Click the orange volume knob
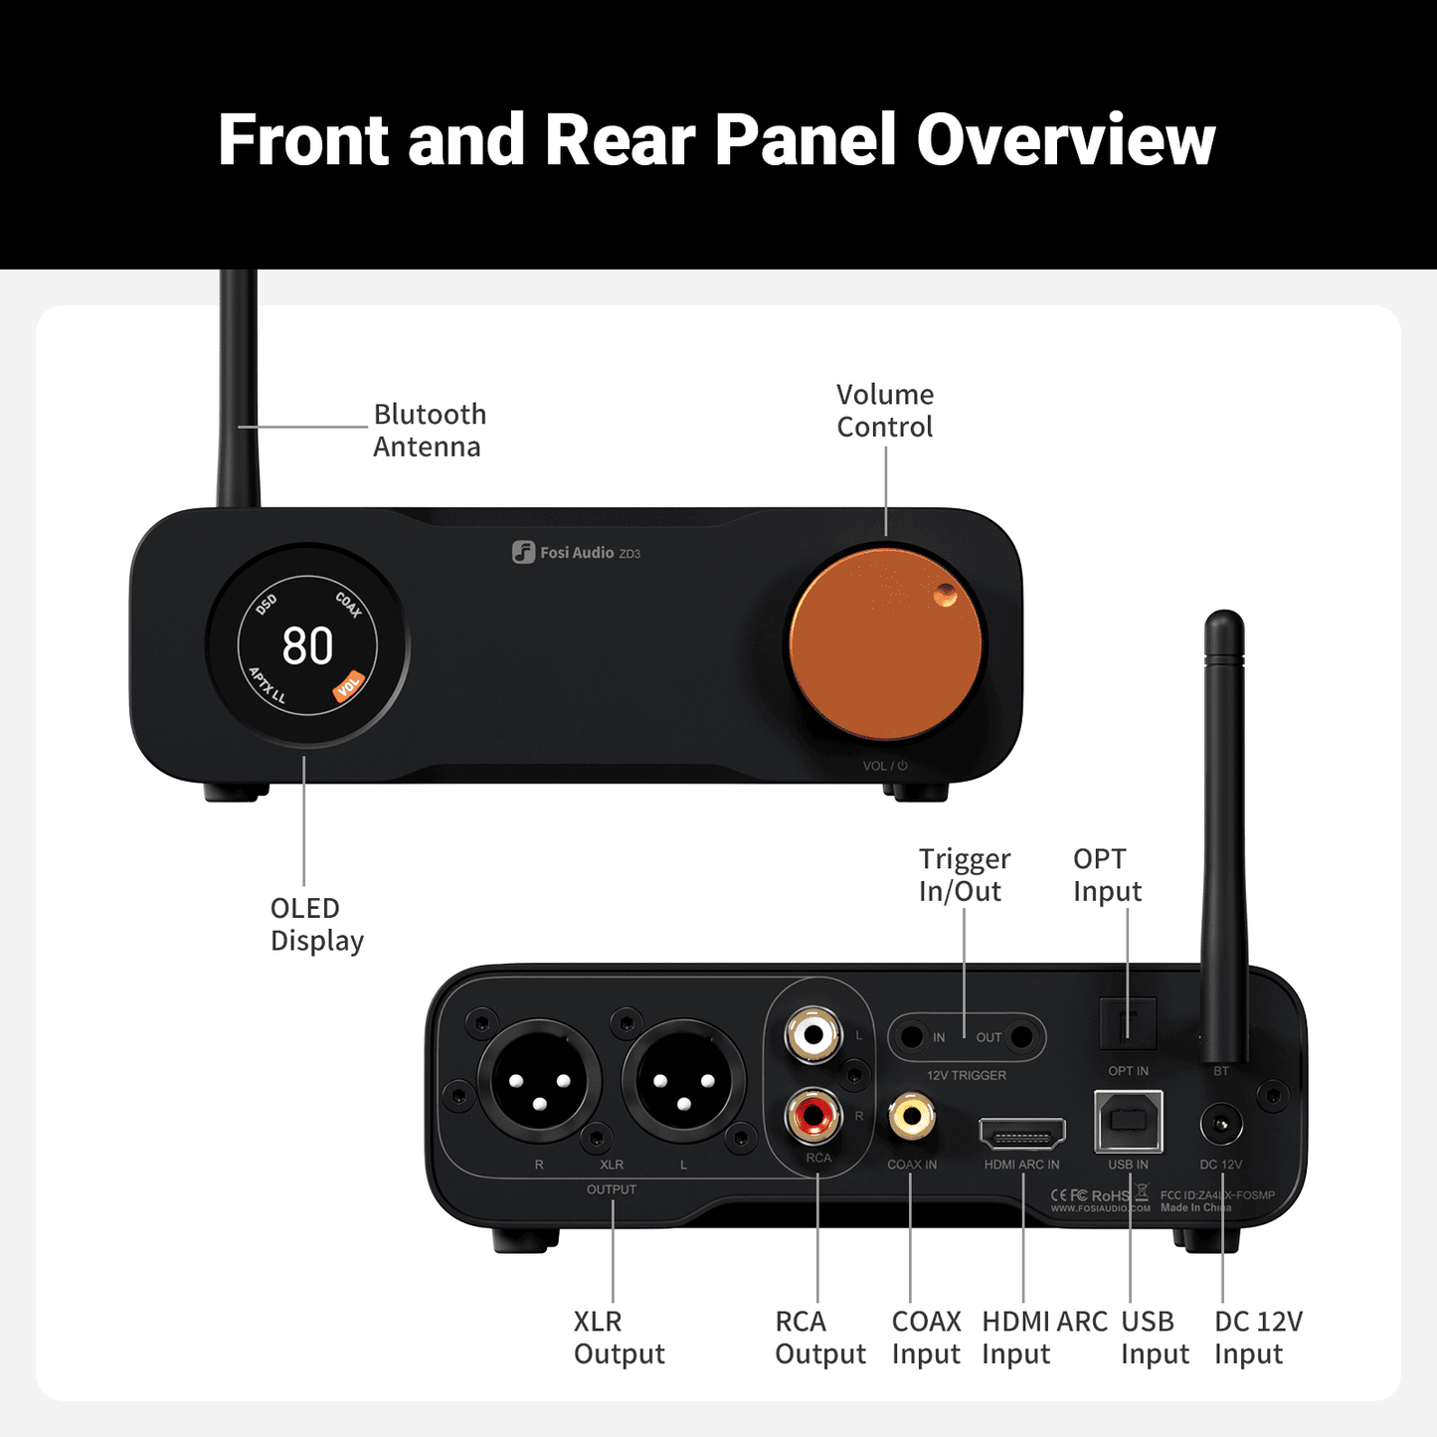[885, 643]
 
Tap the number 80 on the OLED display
[307, 646]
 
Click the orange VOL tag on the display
[348, 686]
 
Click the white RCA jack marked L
[813, 1035]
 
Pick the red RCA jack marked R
[813, 1115]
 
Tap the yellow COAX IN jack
[911, 1115]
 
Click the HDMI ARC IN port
[1021, 1133]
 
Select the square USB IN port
[1128, 1121]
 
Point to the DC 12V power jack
[1221, 1126]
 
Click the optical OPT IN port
[1128, 1023]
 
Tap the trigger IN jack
[911, 1037]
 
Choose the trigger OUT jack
[1021, 1037]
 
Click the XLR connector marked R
[539, 1081]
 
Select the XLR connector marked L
[683, 1081]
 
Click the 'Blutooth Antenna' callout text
[429, 431]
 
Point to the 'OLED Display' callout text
[316, 924]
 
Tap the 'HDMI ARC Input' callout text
[1043, 1338]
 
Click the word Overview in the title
[1065, 139]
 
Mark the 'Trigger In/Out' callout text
[964, 875]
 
